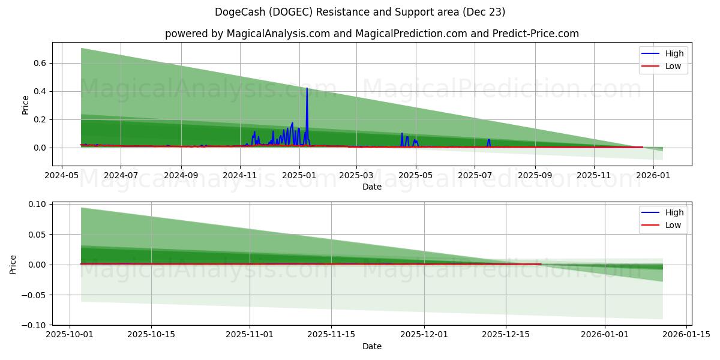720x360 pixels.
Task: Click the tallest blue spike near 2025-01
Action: click(x=307, y=89)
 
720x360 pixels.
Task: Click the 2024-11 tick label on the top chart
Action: click(x=240, y=176)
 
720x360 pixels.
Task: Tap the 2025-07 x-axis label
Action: click(x=475, y=176)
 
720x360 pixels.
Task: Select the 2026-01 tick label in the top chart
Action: click(x=653, y=176)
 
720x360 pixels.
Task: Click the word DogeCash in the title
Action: click(x=235, y=12)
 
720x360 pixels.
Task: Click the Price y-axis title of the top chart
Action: click(x=25, y=105)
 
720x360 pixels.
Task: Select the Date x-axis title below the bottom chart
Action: click(x=372, y=346)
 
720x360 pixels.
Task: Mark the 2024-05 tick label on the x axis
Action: click(x=62, y=176)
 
